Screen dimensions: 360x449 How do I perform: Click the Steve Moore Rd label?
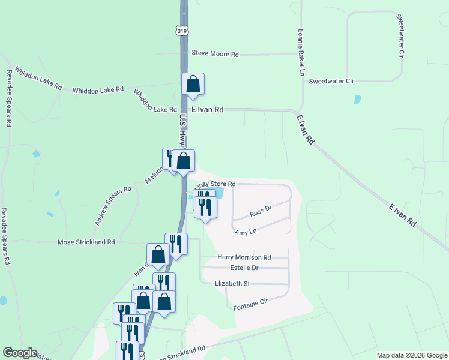coord(215,54)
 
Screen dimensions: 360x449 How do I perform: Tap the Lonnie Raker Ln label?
coord(302,53)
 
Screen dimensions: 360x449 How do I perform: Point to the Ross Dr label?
coord(261,212)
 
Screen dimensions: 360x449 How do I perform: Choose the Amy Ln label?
coord(246,232)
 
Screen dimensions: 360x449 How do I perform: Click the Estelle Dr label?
coord(244,268)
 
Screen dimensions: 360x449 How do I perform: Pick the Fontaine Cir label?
coord(250,307)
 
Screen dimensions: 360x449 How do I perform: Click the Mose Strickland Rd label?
coord(86,242)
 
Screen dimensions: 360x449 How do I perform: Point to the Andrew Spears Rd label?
coord(112,206)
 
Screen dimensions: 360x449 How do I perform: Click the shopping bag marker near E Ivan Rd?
coord(193,85)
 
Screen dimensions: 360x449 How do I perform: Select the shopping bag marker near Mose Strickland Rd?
coord(158,254)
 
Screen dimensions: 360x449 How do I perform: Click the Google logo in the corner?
coord(19,353)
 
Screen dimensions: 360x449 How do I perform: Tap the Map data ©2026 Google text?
coord(411,355)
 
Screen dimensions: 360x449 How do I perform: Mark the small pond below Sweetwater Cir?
coord(358,100)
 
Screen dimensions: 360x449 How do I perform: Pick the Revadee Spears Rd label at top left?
coord(9,97)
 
